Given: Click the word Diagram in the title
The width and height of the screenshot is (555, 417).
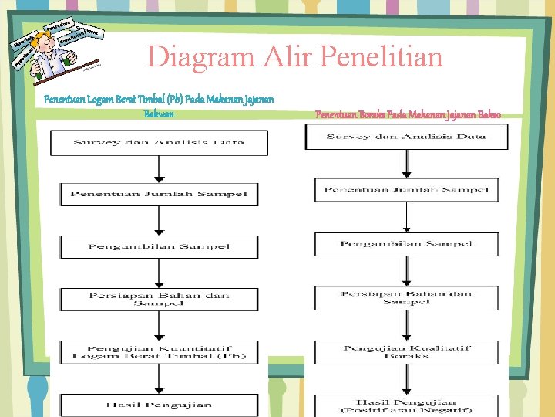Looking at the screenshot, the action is point(195,56).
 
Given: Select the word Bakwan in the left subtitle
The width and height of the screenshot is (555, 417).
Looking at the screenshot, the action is point(159,114).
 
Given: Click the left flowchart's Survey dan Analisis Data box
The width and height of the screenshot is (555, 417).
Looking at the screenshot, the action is point(159,143).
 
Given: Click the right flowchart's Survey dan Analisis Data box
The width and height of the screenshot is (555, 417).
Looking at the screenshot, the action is point(406,137).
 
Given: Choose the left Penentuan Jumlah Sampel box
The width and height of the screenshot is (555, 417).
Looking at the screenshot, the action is point(159,194).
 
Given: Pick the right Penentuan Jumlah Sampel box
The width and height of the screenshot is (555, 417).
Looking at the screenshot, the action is point(406,189).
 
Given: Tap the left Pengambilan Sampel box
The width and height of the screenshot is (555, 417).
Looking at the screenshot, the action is point(159,246).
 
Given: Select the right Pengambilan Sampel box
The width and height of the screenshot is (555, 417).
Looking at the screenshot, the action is point(406,244).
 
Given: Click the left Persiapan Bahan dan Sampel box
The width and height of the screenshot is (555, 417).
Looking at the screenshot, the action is point(159,299).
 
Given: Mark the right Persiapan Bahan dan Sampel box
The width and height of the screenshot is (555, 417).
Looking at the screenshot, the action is point(406,297).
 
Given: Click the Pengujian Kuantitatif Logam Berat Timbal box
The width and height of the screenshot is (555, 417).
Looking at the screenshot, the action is point(159,351).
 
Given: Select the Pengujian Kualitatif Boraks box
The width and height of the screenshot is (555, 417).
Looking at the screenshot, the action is point(406,351).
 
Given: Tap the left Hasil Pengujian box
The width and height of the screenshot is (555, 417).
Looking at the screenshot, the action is point(159,405).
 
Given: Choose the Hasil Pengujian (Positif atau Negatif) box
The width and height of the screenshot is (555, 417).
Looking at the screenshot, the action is point(406,405).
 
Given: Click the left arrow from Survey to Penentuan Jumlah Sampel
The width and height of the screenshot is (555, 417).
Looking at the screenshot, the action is point(158,169).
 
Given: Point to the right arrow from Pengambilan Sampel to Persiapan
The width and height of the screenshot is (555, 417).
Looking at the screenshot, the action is point(406,271).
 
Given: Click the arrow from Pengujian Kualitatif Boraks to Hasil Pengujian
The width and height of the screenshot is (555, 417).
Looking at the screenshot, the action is point(406,379).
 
